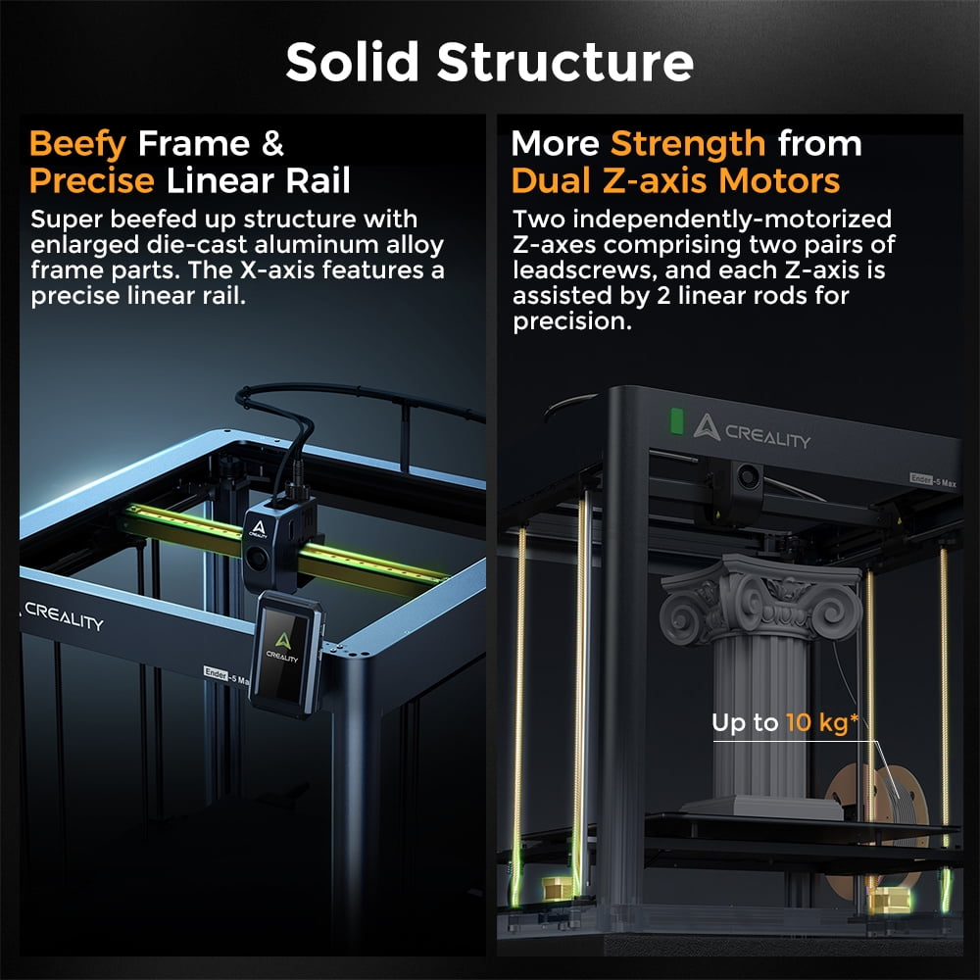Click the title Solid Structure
click(489, 62)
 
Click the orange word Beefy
click(77, 145)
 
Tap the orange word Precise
click(91, 181)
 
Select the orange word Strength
click(688, 145)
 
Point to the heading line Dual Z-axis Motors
click(675, 181)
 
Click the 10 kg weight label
click(785, 722)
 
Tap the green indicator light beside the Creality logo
click(676, 420)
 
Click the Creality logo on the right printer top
click(752, 429)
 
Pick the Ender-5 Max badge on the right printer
click(933, 480)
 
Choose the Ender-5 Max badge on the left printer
click(226, 676)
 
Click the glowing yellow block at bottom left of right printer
click(556, 888)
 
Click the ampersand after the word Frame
click(272, 144)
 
